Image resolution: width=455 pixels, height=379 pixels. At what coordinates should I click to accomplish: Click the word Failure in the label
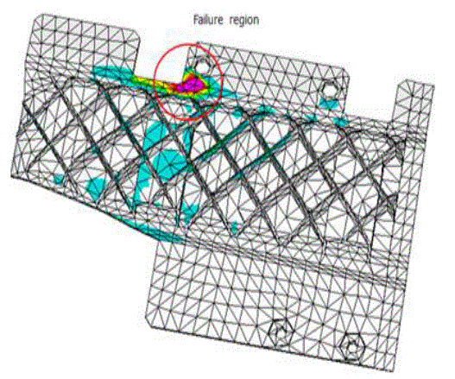208,20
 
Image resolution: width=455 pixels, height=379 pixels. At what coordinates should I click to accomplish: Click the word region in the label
243,21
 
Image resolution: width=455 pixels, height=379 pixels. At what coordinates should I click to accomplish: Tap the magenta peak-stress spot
192,85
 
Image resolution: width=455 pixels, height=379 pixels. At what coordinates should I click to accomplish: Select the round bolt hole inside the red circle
204,66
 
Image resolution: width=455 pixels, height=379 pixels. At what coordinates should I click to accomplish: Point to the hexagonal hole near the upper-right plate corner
328,90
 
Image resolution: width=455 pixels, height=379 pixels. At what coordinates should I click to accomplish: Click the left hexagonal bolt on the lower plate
280,332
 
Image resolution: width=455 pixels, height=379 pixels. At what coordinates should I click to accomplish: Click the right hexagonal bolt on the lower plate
351,347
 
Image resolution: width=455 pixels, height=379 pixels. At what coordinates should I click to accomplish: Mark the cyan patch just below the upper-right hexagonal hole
329,103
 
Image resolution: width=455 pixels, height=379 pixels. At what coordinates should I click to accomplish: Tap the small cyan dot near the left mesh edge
59,180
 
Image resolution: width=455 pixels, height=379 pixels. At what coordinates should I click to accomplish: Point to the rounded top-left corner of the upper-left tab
38,20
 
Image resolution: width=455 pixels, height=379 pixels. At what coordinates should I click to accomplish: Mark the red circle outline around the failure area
154,82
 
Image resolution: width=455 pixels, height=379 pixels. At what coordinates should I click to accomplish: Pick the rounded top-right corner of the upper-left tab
136,35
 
